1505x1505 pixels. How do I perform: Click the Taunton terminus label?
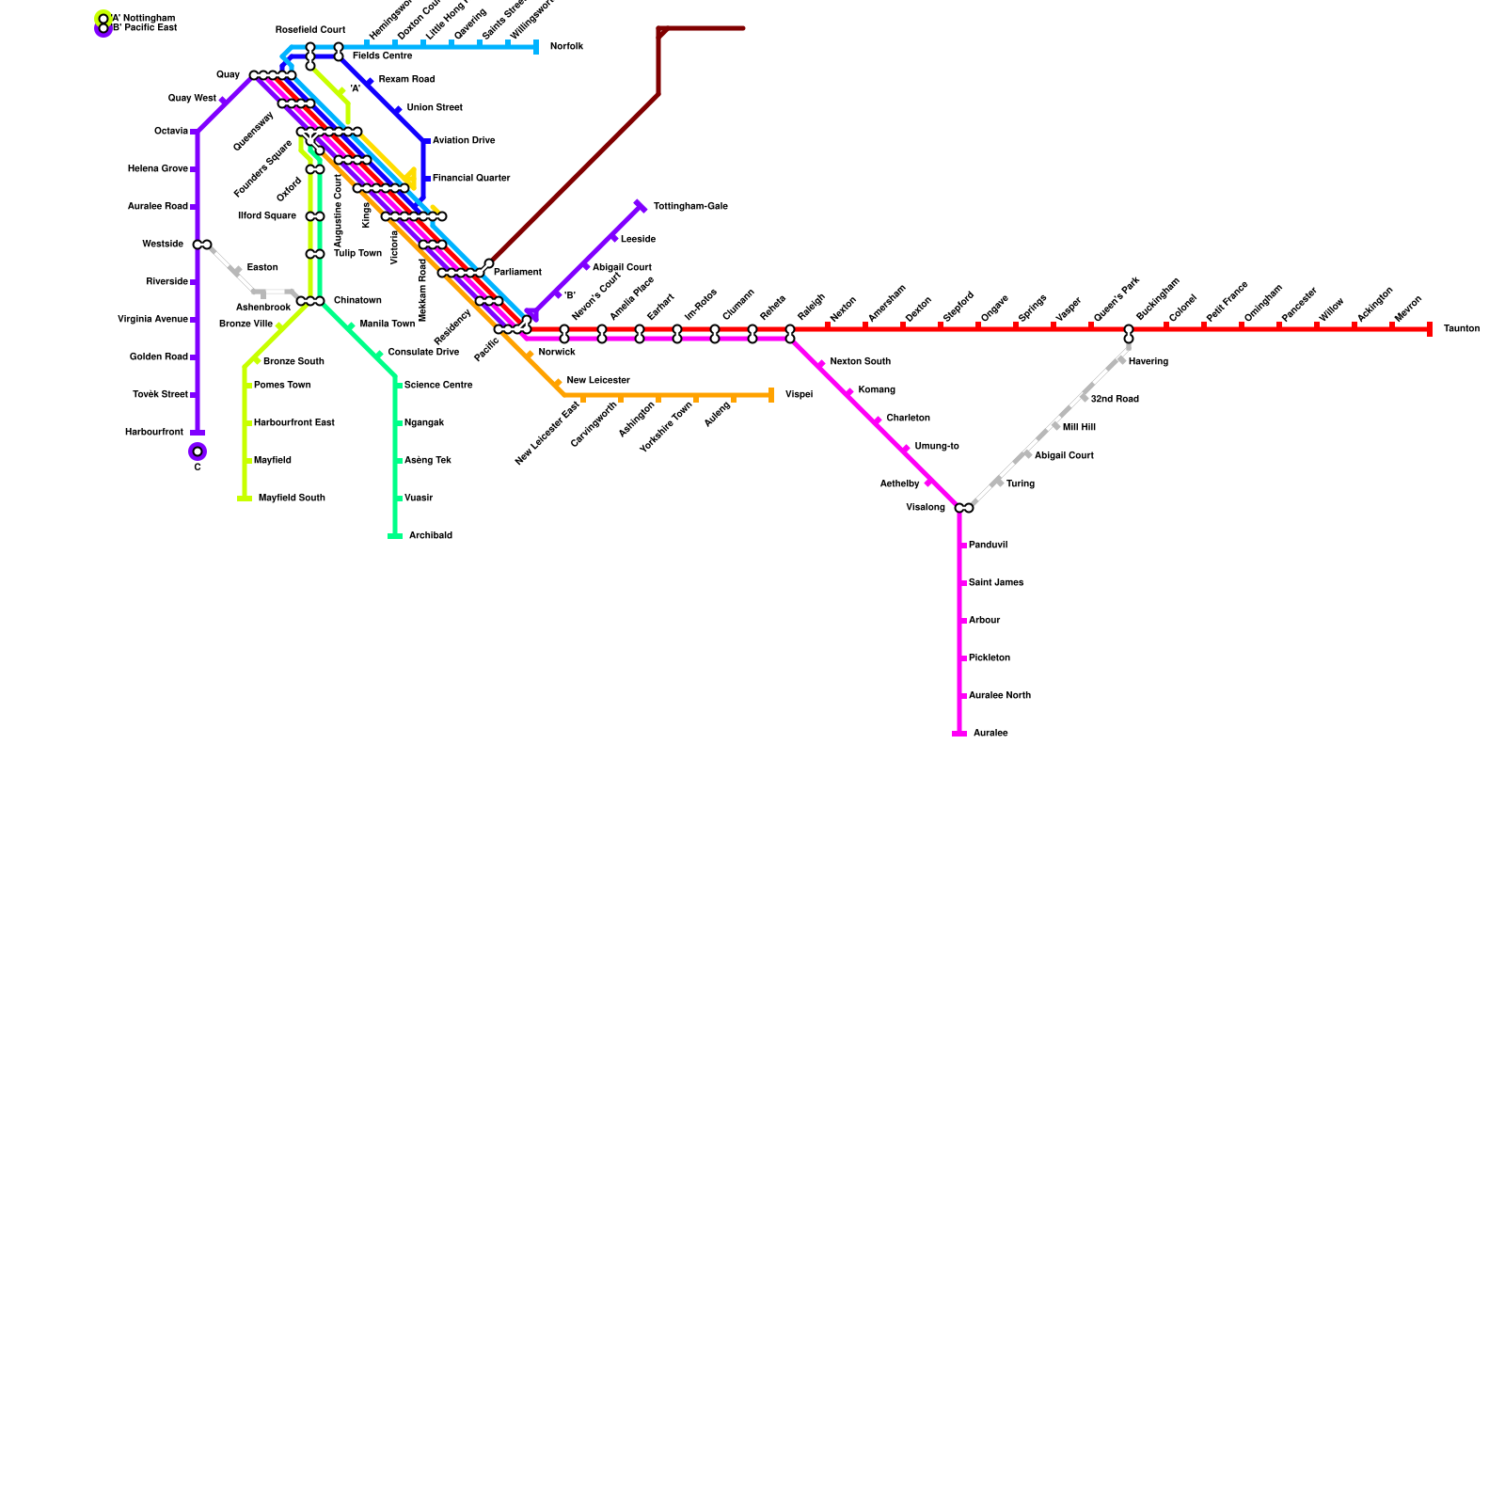click(x=1461, y=329)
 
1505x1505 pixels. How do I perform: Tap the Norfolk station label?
click(x=566, y=47)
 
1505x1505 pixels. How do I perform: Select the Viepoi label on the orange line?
click(x=799, y=395)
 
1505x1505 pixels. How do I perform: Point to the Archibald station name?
click(x=430, y=536)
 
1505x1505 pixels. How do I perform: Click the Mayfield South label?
click(x=292, y=499)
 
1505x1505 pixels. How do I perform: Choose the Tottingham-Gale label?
click(x=690, y=207)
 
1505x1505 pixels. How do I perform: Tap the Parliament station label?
click(x=517, y=273)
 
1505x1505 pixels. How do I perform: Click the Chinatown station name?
click(x=357, y=301)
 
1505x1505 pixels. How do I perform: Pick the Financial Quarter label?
click(x=471, y=179)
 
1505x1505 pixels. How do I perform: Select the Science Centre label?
click(x=438, y=386)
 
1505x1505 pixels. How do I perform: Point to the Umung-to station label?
click(x=937, y=447)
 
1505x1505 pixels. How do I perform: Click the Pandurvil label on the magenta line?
click(x=988, y=546)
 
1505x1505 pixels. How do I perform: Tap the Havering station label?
click(x=1148, y=362)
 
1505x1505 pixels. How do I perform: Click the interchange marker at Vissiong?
click(x=964, y=508)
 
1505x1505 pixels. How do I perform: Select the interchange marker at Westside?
click(x=202, y=245)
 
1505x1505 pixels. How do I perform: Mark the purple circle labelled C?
click(x=198, y=451)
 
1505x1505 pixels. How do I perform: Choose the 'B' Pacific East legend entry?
click(x=144, y=28)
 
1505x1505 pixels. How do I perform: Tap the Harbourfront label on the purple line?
click(x=154, y=433)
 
